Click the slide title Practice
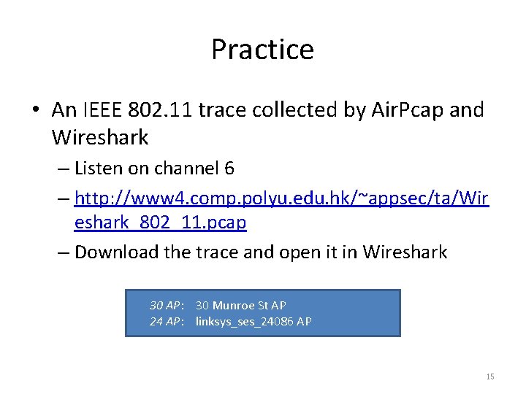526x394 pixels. (x=262, y=50)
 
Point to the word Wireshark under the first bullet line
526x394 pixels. (x=100, y=136)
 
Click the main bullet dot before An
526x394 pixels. (x=35, y=111)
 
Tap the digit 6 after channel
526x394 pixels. (x=229, y=169)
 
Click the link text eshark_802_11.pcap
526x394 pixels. (x=160, y=223)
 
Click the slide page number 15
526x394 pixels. (x=489, y=376)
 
